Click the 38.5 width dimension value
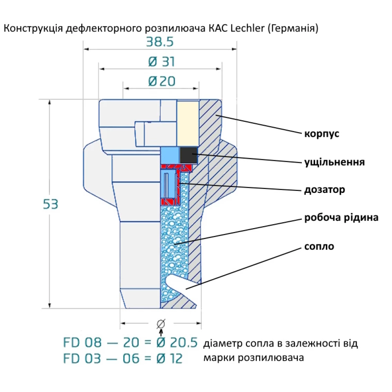160,42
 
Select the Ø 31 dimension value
162,62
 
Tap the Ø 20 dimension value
162,81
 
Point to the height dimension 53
51,204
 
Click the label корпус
321,134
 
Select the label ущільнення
335,162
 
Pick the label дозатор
325,190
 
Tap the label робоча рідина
341,218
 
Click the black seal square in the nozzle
189,155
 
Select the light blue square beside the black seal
170,155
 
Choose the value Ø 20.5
177,343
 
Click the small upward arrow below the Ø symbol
160,333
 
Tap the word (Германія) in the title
293,29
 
